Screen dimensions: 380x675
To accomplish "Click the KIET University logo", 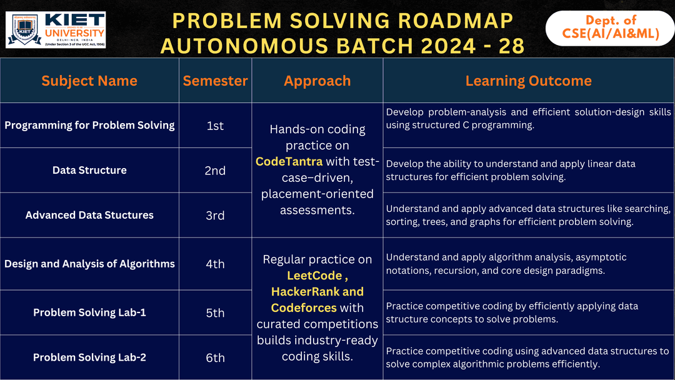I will point(56,29).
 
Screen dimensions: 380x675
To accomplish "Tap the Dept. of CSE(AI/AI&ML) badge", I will point(609,28).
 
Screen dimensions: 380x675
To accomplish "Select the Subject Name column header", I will point(89,81).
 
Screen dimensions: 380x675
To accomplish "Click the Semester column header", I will point(215,81).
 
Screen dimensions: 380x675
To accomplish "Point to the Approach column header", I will point(317,81).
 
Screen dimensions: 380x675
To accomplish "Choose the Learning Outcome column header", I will point(528,81).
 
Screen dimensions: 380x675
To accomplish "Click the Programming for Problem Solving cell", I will point(89,125).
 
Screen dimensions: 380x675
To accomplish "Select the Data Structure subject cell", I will point(89,170).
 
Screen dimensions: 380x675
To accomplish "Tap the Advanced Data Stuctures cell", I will point(89,215).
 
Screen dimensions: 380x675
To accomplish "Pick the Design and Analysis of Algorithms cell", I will point(89,264).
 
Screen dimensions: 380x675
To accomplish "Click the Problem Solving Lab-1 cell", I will point(89,312).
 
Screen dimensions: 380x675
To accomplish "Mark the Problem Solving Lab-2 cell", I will point(89,357).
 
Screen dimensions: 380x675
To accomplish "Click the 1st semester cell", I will point(215,126).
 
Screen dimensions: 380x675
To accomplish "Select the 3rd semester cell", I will point(215,216).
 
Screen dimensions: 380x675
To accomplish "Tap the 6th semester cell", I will point(215,358).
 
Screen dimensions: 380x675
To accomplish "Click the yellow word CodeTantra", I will point(289,162).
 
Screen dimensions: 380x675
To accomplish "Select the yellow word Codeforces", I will point(304,307).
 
